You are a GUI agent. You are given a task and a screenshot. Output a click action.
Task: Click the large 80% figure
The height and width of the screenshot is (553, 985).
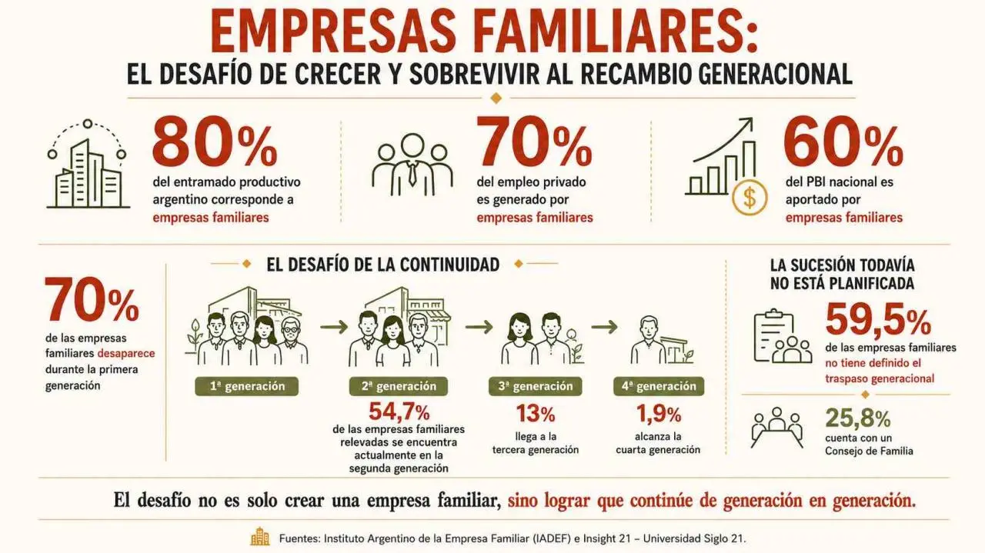coord(215,141)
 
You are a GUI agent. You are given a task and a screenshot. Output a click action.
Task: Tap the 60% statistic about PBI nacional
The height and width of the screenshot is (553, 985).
coord(843,141)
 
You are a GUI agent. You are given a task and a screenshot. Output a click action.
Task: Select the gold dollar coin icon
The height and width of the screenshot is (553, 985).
coord(750,198)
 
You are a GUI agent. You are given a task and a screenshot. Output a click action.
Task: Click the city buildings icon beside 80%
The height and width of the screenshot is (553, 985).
coord(88,164)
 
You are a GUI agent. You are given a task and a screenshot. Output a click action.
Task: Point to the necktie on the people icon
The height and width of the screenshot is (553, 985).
coord(412,173)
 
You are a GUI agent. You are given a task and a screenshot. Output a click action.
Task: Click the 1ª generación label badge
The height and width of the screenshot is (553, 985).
coord(247,386)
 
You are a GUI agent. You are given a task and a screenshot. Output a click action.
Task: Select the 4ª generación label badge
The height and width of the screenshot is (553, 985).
coord(659,386)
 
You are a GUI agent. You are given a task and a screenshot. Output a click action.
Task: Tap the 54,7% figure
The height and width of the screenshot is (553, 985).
coord(399,412)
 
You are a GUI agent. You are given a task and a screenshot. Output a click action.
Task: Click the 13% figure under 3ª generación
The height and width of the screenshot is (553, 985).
coord(535,413)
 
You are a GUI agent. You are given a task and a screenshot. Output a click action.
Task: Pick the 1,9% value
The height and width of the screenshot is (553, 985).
coord(659,413)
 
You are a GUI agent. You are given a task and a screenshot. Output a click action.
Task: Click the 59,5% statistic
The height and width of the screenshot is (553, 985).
coord(878,320)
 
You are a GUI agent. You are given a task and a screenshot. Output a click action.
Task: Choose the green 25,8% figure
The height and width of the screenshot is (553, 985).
coord(857,418)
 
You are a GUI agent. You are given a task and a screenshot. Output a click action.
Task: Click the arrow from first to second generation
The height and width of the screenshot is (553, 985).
coord(334,327)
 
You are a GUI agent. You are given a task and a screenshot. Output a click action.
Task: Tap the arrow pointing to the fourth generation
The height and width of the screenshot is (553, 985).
coord(604,327)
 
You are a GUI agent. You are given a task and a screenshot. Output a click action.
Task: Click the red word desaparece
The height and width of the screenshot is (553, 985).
coord(126,354)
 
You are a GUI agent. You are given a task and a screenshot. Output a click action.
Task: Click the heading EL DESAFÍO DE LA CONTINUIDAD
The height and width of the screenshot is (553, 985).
coord(383,265)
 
